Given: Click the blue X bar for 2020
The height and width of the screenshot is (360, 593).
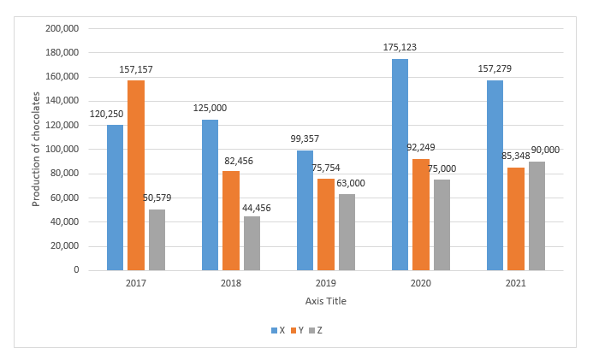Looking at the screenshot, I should [400, 164].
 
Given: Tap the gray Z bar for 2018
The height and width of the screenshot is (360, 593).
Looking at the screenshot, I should [252, 243].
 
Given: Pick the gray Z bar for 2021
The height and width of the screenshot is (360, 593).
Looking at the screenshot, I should [536, 215].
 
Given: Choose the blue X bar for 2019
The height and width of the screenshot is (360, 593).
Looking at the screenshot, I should [305, 210].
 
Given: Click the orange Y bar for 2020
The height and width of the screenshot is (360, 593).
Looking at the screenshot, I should [421, 214].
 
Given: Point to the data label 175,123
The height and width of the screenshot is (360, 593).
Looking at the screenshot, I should [400, 48].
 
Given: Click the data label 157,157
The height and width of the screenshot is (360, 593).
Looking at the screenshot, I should [136, 69].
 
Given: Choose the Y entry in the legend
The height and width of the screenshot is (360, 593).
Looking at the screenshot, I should [298, 330].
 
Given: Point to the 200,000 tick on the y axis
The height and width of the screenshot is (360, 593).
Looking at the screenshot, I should [62, 28].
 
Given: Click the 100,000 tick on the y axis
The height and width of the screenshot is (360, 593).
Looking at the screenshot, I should [62, 150].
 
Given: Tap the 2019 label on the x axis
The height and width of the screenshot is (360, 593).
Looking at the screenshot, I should [325, 283].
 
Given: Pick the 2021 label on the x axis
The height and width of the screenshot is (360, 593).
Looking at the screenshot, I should [515, 283].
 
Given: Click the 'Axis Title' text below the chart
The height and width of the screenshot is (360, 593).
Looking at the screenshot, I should [326, 301].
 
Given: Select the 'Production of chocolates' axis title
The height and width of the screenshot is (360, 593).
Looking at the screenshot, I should [36, 150].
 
